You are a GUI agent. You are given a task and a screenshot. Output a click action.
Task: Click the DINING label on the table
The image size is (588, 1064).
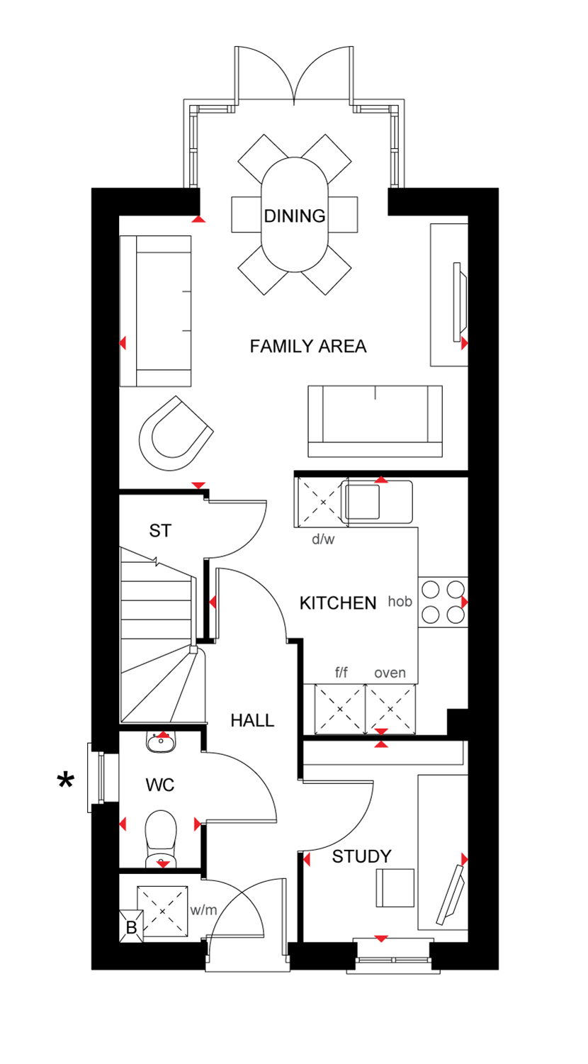(295, 216)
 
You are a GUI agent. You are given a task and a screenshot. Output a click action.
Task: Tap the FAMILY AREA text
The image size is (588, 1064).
(308, 346)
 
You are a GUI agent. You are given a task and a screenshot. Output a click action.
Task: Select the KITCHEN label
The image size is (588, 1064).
(338, 603)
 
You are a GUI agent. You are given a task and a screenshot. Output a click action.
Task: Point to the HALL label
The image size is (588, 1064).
(252, 721)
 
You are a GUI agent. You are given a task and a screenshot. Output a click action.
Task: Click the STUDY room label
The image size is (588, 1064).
(361, 856)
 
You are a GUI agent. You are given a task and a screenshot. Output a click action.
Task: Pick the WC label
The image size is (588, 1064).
(160, 785)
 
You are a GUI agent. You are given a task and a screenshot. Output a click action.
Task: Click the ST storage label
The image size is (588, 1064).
(160, 530)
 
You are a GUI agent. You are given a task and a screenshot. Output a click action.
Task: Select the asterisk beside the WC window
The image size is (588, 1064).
(65, 780)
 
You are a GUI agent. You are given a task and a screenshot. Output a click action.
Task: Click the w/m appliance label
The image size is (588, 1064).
(203, 910)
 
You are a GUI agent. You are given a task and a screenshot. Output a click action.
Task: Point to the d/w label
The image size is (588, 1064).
(323, 539)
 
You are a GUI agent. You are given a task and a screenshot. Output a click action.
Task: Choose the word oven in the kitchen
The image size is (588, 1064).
(390, 673)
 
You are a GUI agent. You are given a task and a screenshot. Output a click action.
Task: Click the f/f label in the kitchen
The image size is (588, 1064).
(341, 672)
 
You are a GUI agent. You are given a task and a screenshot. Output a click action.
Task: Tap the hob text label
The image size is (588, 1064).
(400, 601)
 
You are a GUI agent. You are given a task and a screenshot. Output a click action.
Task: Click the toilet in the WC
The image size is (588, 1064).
(161, 839)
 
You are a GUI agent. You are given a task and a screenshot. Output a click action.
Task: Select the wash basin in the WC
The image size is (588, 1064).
(161, 741)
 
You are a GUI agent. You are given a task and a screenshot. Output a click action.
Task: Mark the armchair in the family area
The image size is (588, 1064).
(174, 434)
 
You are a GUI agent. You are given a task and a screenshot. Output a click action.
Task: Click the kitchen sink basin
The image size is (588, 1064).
(363, 503)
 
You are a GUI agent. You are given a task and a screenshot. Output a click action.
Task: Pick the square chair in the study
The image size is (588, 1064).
(395, 888)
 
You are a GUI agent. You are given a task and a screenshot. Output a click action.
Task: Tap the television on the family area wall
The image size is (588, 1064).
(460, 302)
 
